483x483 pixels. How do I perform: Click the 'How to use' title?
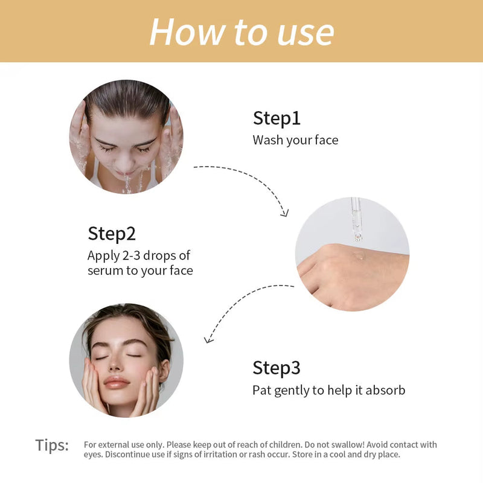pyautogui.click(x=242, y=32)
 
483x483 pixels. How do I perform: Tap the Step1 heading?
pyautogui.click(x=277, y=118)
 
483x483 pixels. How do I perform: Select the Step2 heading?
pyautogui.click(x=112, y=234)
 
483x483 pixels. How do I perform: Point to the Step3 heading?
pyautogui.click(x=277, y=368)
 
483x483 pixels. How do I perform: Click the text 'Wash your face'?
pyautogui.click(x=295, y=140)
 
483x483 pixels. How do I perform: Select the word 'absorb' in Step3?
pyautogui.click(x=385, y=390)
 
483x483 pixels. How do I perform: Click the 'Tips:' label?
pyautogui.click(x=52, y=446)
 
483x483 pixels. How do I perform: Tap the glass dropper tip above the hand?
pyautogui.click(x=358, y=237)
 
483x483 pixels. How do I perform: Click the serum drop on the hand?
pyautogui.click(x=359, y=255)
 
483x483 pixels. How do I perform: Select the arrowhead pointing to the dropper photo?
pyautogui.click(x=284, y=213)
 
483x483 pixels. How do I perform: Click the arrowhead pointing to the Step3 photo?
pyautogui.click(x=208, y=339)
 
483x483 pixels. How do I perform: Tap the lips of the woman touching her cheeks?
pyautogui.click(x=117, y=382)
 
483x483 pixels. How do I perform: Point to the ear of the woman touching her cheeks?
pyautogui.click(x=164, y=368)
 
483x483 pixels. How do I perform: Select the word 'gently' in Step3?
pyautogui.click(x=292, y=391)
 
